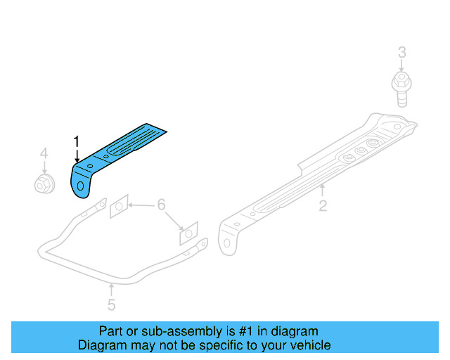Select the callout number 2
pyautogui.click(x=323, y=206)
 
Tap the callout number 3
pyautogui.click(x=401, y=53)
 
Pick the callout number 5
pyautogui.click(x=111, y=304)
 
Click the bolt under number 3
pyautogui.click(x=401, y=88)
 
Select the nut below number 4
pyautogui.click(x=44, y=184)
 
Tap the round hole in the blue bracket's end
pyautogui.click(x=82, y=186)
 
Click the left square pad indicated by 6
pyautogui.click(x=118, y=207)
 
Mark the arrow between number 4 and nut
pyautogui.click(x=44, y=167)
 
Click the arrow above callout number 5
pyautogui.click(x=111, y=289)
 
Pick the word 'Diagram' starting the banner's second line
pyautogui.click(x=101, y=345)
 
